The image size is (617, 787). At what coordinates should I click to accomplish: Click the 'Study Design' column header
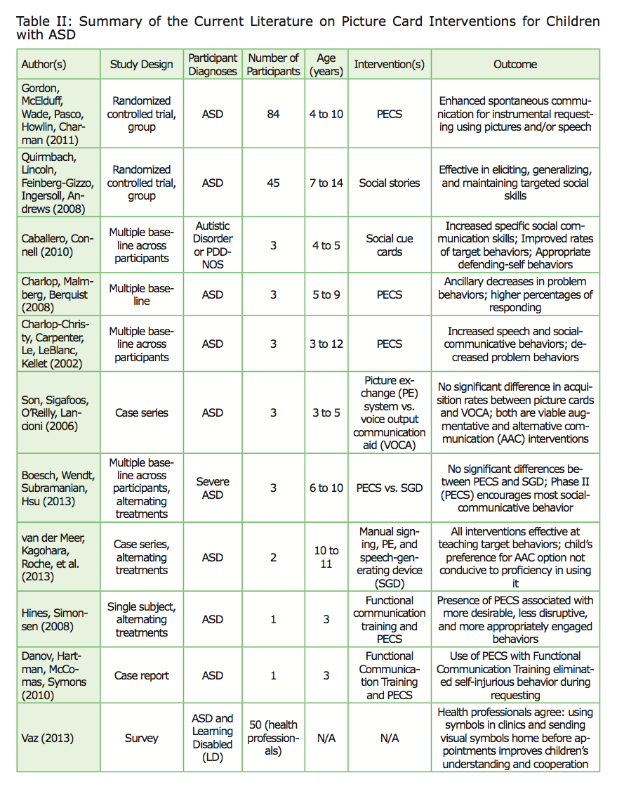coord(141,64)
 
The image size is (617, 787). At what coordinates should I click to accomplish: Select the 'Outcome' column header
coord(515,64)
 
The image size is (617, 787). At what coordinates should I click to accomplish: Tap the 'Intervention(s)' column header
coord(389,64)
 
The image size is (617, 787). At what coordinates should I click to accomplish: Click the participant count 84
coord(273,114)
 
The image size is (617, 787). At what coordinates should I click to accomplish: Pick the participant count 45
coord(273,183)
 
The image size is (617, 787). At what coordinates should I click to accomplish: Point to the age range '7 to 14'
coord(326,183)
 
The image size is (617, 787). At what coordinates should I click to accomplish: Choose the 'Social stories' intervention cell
coord(389,183)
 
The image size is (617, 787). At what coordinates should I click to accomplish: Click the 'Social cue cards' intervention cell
coord(389,245)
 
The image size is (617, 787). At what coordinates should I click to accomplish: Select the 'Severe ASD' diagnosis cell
coord(213,488)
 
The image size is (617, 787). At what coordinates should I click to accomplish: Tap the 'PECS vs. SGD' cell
coord(389,488)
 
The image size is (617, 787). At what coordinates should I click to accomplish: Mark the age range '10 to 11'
coord(326,557)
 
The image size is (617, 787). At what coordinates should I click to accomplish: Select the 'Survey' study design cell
coord(141,739)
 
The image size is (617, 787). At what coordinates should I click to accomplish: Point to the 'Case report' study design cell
coord(141,675)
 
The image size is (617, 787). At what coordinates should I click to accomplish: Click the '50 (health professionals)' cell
coord(273,739)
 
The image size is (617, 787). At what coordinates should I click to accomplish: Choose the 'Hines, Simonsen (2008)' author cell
coord(51,619)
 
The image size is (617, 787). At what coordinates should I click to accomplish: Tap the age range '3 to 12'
coord(326,344)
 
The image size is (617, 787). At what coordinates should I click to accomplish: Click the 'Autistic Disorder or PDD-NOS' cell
coord(213,245)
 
